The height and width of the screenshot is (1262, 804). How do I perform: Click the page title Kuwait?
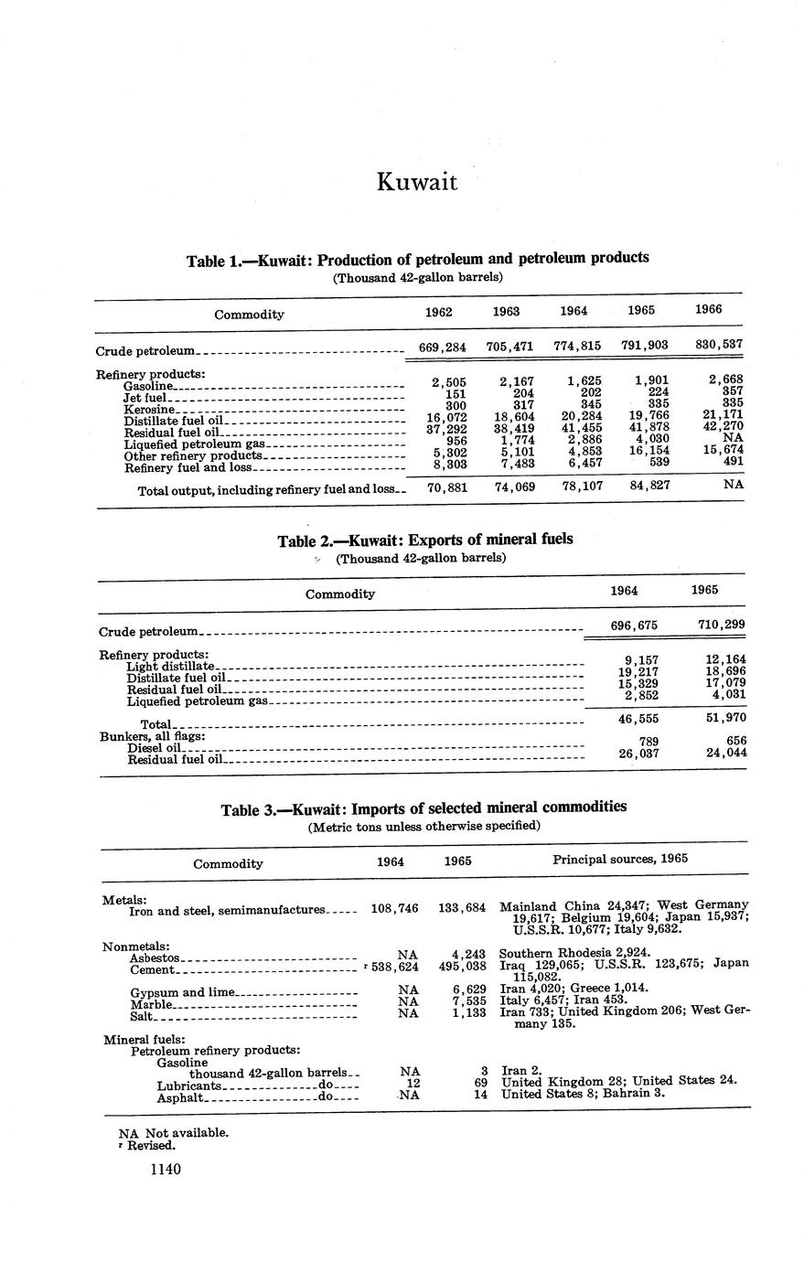pos(416,182)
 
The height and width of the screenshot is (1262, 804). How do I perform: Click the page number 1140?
pos(166,1170)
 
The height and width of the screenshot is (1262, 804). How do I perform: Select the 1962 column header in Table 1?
pos(439,311)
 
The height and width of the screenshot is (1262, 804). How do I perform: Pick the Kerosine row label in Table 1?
pos(148,410)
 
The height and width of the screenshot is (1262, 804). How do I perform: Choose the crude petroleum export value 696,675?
pos(628,626)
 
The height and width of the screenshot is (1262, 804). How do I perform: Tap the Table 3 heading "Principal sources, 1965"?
pos(620,859)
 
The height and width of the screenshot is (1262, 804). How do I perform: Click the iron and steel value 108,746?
pos(395,909)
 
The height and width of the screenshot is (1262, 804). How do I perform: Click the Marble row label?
pos(151,1004)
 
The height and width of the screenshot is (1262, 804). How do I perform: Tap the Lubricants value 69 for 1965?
pos(477,1083)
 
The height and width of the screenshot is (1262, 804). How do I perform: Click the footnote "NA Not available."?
pos(174,1132)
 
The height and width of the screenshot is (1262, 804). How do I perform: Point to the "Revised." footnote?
pos(151,1145)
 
